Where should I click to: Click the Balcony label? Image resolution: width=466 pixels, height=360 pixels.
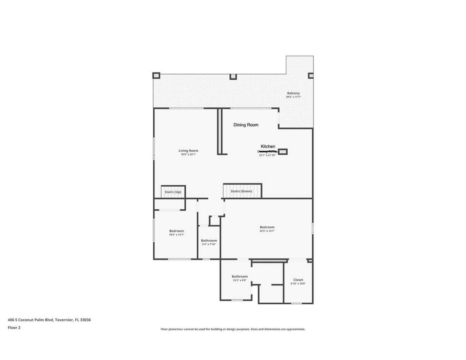(x=293, y=93)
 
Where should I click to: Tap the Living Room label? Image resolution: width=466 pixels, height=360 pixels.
(x=188, y=151)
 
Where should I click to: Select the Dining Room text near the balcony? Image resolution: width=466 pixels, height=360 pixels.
(x=246, y=125)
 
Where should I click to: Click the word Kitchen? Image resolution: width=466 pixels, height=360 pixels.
(x=268, y=146)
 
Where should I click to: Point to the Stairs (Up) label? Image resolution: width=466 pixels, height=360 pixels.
(x=173, y=192)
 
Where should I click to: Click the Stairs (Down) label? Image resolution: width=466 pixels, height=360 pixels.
(x=241, y=191)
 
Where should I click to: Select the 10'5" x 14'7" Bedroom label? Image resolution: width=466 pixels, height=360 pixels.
(x=176, y=231)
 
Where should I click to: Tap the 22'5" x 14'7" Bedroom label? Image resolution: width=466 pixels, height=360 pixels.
(x=267, y=227)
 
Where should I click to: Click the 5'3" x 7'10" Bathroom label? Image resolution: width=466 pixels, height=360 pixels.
(x=209, y=241)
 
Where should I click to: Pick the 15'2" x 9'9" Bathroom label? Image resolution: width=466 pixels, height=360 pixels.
(x=240, y=277)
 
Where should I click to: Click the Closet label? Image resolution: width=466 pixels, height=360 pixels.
(x=298, y=280)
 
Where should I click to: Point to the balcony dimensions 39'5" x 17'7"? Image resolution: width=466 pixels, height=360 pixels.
(x=293, y=97)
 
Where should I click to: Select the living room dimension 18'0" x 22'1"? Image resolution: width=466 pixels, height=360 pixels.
(x=188, y=154)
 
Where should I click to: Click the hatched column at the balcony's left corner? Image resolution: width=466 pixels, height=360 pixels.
(x=156, y=76)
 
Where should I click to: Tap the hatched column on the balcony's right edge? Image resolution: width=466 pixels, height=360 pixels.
(x=311, y=76)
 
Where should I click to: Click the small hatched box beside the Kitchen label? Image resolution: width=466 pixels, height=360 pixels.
(x=283, y=151)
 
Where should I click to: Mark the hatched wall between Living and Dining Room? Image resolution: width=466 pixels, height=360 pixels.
(x=220, y=131)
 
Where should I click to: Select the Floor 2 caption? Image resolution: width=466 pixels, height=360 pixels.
(x=14, y=328)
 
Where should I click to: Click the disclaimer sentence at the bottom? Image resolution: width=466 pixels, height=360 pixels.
(x=233, y=329)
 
